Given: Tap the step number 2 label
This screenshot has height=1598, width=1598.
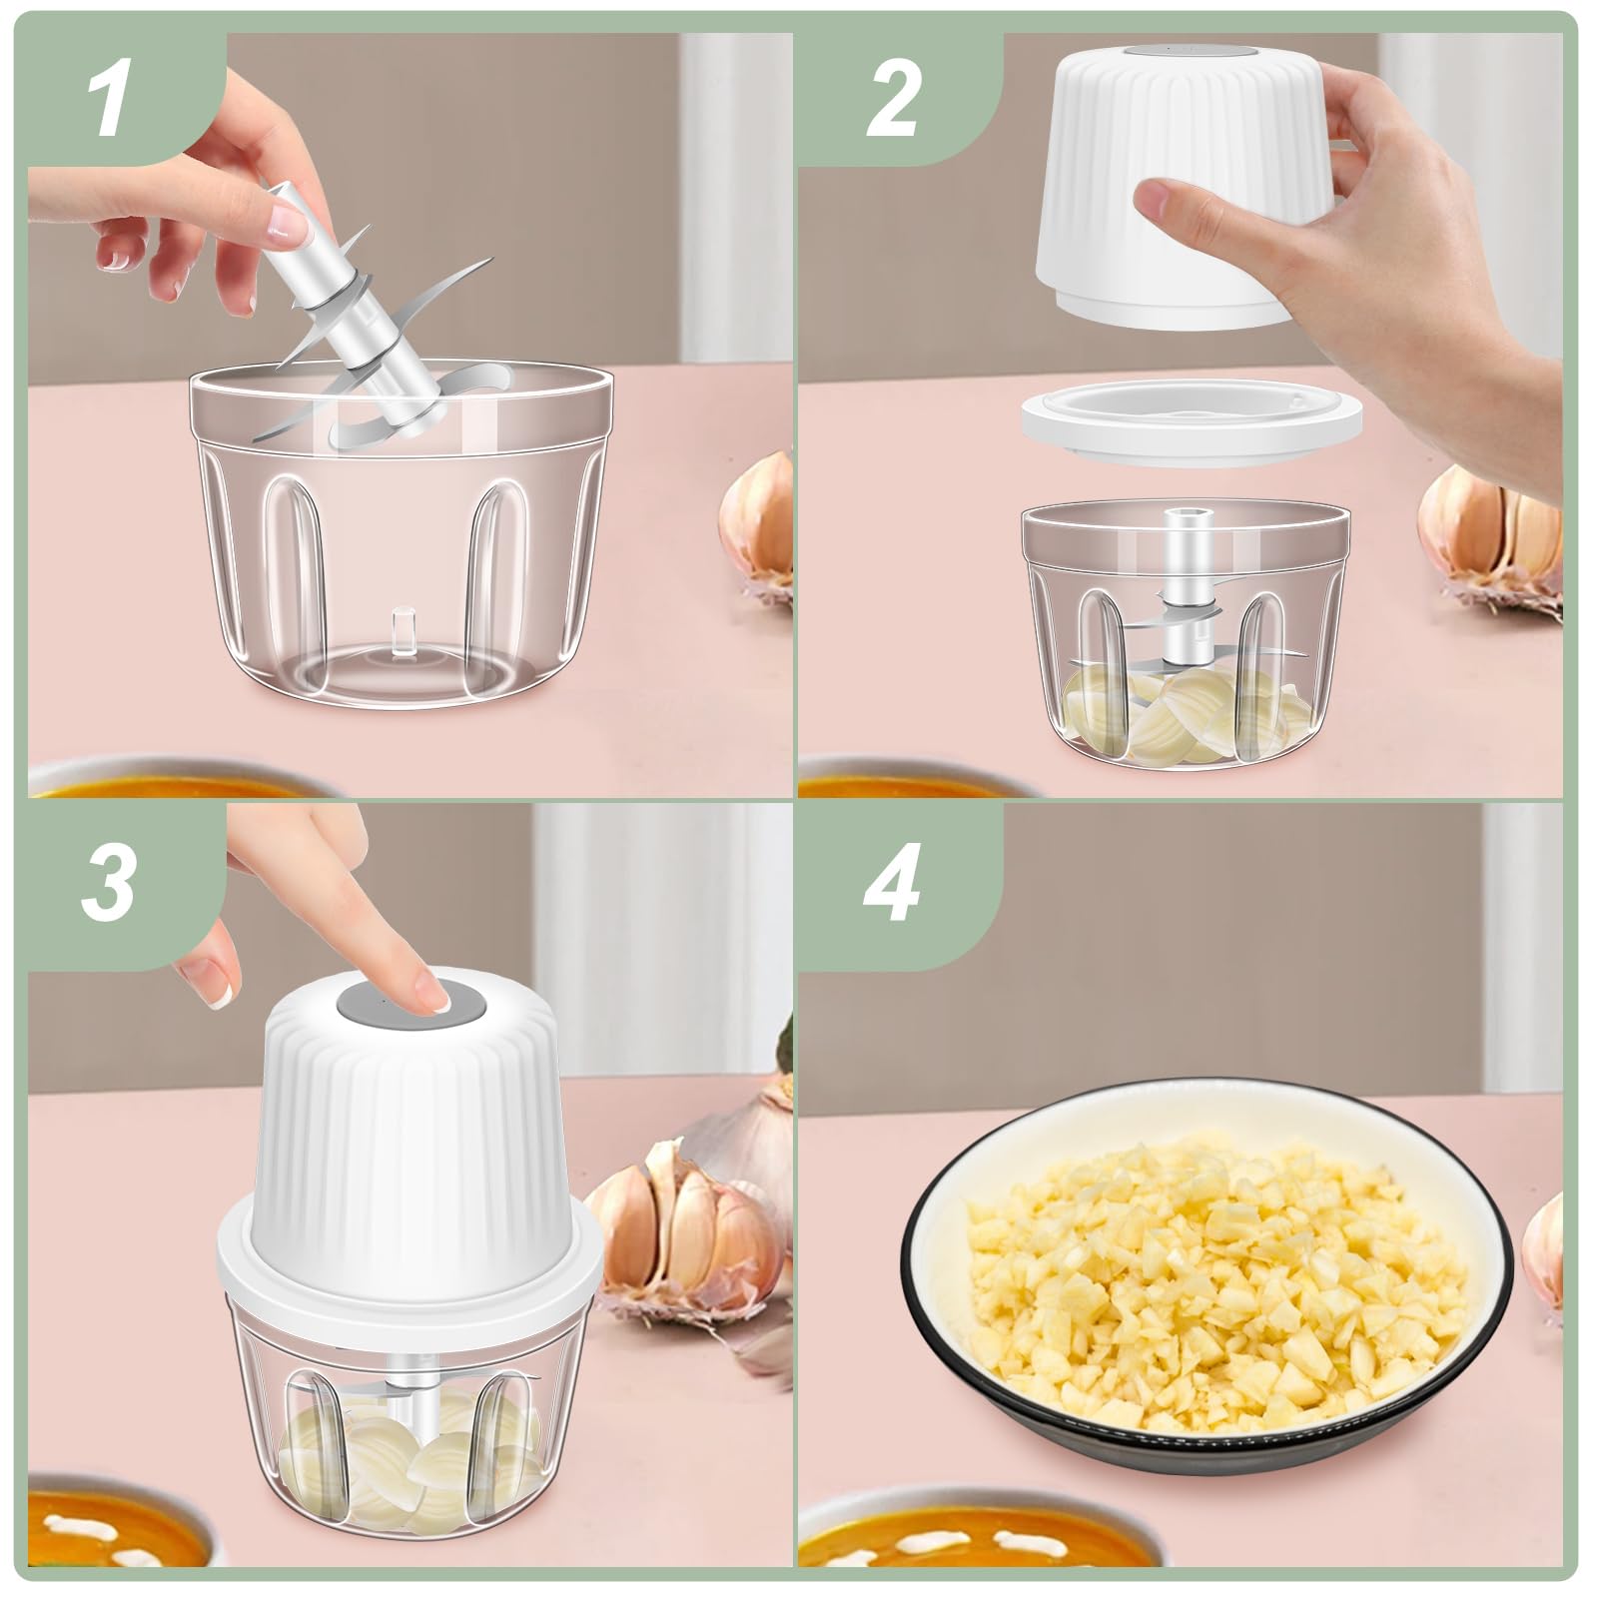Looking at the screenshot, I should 891,103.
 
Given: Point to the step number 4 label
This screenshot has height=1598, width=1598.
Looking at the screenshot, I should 891,884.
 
